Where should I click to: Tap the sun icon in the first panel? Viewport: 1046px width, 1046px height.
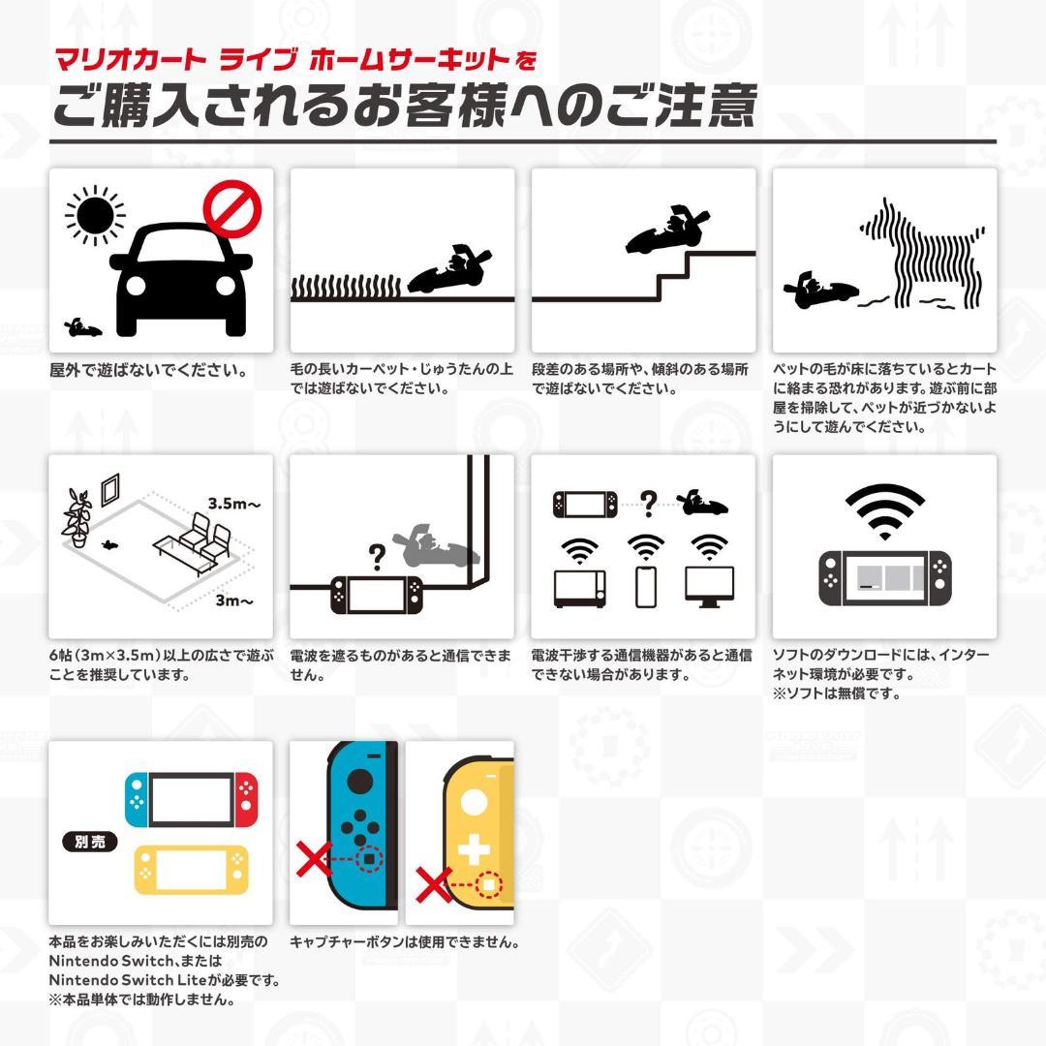pos(95,216)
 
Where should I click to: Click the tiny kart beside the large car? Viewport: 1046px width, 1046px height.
pos(77,327)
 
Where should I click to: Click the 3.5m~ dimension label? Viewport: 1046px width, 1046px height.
pos(234,504)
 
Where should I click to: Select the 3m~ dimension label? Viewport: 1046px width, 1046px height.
pos(234,600)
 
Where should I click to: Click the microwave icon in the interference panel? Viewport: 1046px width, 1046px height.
pos(579,588)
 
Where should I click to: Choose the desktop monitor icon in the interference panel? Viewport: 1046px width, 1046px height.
pos(709,586)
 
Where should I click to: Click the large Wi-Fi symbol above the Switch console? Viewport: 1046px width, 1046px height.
pos(884,511)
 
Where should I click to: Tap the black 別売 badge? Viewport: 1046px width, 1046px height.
pos(90,841)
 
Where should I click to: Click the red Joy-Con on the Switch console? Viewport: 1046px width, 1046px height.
pos(247,799)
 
